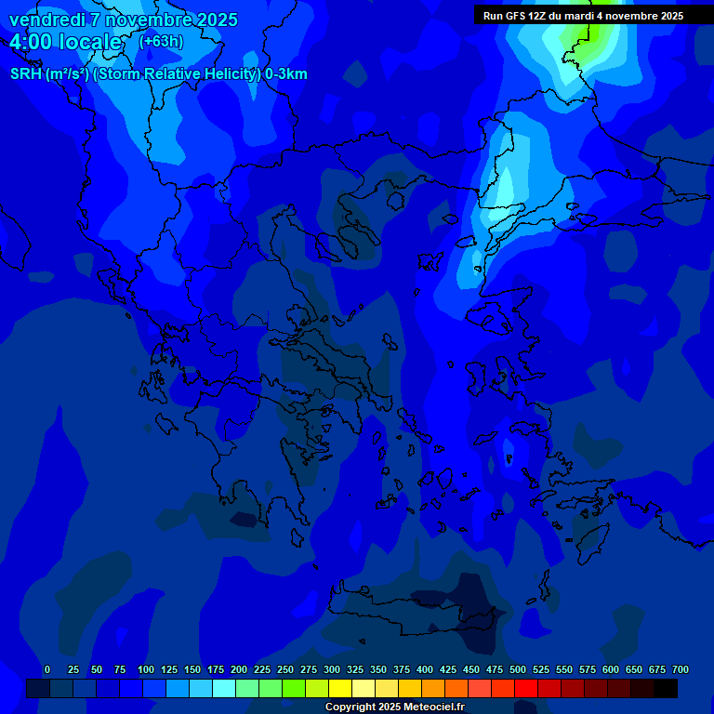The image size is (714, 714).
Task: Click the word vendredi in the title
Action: pos(46,20)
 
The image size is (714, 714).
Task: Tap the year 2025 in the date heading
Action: pos(215,20)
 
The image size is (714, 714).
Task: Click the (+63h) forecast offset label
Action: pos(161,42)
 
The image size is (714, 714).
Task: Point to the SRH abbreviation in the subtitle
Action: pos(26,74)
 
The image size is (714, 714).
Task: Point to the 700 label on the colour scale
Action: pos(681,669)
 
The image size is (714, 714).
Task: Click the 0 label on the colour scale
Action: pos(47,669)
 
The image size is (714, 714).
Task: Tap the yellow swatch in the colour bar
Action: pos(340,688)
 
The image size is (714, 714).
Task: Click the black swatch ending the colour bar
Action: pos(666,688)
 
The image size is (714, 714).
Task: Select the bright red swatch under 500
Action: pos(526,688)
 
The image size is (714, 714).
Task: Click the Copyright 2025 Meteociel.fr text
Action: pos(394,707)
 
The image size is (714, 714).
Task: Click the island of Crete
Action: pos(418,621)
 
